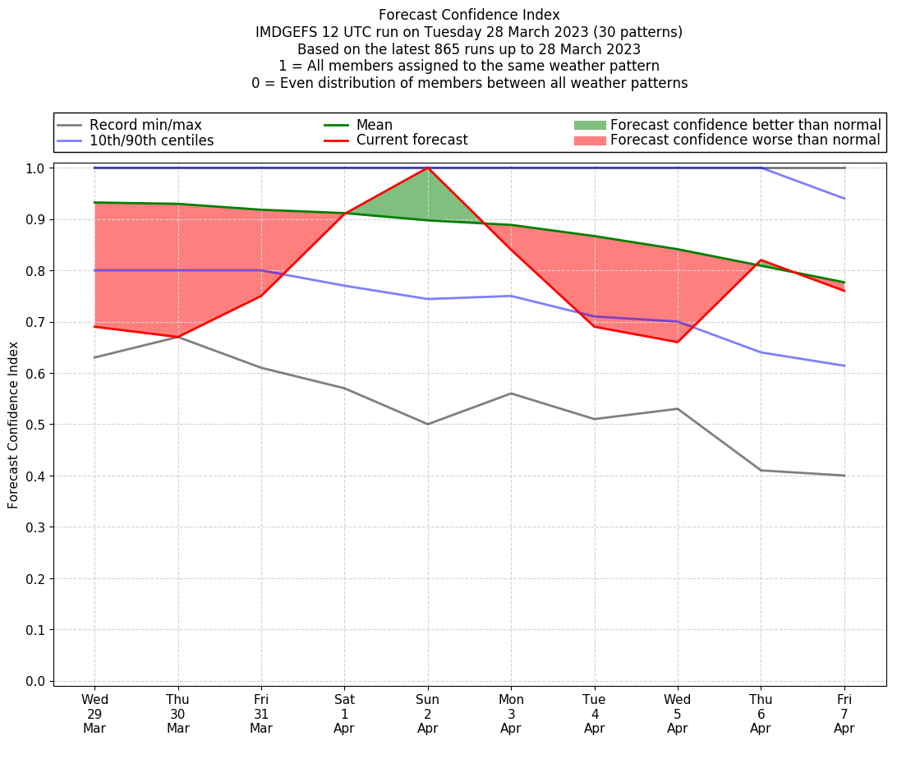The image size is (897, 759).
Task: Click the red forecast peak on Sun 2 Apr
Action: [428, 168]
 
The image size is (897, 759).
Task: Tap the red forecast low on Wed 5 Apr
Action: [678, 342]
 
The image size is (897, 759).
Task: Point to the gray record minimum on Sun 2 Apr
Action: [428, 424]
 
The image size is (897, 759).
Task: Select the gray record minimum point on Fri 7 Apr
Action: [844, 476]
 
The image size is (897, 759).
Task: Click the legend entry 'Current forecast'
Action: [412, 140]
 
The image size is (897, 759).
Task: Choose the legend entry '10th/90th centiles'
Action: [151, 140]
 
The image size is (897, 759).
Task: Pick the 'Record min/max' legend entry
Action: [145, 125]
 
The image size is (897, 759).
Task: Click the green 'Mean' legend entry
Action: [374, 125]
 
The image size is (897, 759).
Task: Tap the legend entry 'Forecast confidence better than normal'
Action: [745, 125]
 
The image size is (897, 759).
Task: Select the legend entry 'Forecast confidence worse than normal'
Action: [745, 140]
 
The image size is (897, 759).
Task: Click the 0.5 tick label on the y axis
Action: [35, 425]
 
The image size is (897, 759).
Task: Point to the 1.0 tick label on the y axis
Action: [35, 168]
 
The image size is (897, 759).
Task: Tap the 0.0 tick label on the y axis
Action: [35, 681]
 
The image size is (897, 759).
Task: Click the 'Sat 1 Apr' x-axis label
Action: [344, 713]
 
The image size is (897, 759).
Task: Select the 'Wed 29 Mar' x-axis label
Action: [94, 713]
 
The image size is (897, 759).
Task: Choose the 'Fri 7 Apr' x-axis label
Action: [844, 713]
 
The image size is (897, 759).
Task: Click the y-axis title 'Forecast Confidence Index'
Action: [13, 425]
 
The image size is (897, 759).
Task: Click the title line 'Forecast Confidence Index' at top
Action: [469, 15]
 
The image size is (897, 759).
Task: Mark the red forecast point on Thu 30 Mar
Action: [178, 337]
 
